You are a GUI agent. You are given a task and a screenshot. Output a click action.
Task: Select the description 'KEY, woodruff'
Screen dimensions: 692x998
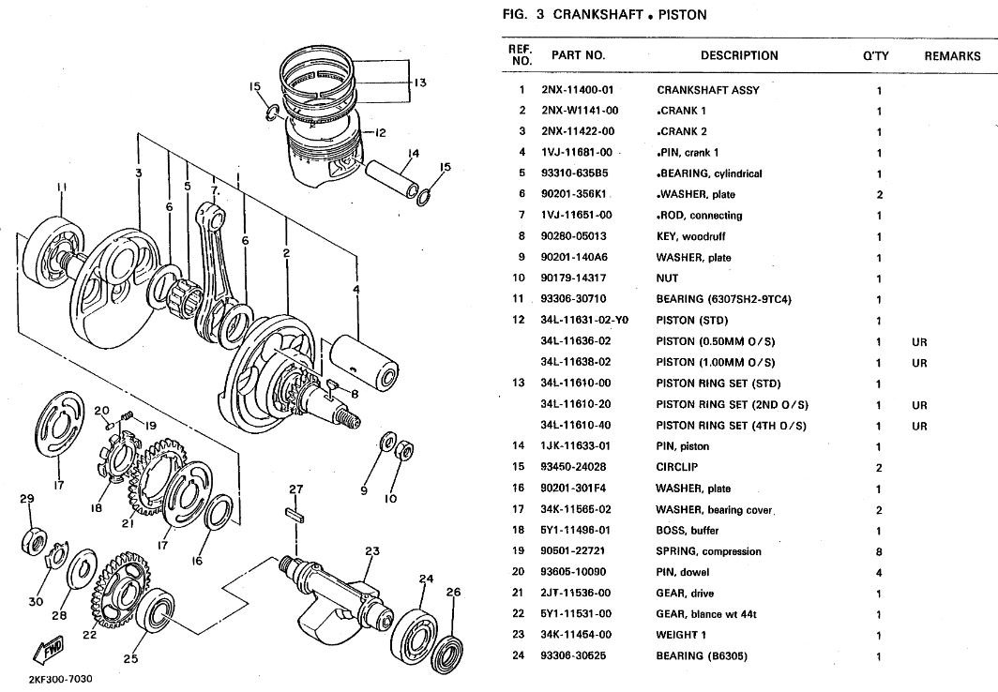(690, 237)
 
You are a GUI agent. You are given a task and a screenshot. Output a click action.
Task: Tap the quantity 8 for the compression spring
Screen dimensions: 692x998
(879, 552)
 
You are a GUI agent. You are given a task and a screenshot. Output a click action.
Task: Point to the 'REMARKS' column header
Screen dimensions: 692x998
(952, 56)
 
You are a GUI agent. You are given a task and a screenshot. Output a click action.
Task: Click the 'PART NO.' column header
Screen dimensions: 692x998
(578, 55)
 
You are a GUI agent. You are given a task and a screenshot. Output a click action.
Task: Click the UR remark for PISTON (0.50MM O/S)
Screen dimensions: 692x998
(919, 342)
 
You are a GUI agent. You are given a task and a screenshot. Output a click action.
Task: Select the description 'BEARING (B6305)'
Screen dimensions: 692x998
(702, 656)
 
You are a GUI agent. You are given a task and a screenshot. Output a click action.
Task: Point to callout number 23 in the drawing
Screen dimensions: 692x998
(371, 550)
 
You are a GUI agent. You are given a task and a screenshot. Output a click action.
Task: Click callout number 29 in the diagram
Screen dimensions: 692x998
(26, 499)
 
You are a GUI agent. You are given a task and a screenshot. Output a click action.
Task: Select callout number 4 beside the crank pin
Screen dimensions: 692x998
(356, 290)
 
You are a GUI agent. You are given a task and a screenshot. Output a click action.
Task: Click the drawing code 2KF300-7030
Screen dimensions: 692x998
(61, 678)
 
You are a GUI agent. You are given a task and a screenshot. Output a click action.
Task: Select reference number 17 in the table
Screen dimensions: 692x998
(522, 510)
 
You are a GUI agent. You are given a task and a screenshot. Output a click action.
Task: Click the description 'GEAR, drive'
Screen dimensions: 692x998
(685, 594)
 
